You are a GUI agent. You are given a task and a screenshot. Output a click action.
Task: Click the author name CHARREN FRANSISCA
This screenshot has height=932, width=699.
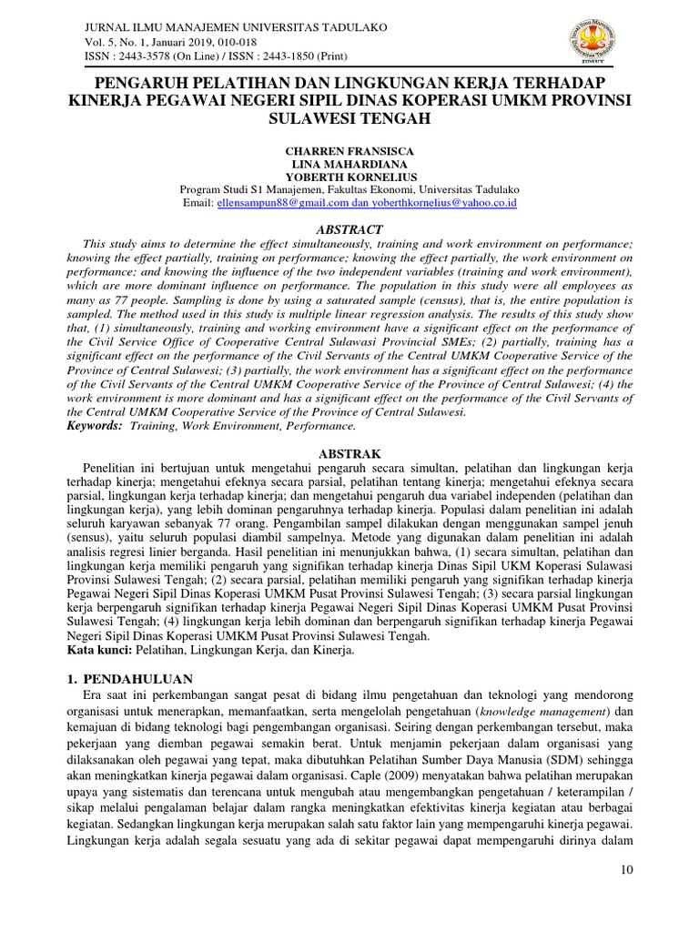[x=349, y=149]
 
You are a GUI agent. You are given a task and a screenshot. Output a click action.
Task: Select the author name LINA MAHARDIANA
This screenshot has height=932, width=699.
[x=349, y=163]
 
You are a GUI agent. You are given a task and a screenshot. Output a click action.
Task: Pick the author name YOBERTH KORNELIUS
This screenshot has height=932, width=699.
[x=349, y=177]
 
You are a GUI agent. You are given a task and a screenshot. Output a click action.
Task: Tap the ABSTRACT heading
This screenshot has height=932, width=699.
[x=349, y=229]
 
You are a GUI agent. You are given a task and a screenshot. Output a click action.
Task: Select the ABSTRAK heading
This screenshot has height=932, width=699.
[x=349, y=452]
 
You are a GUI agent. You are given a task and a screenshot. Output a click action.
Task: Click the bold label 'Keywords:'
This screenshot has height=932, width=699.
[x=95, y=425]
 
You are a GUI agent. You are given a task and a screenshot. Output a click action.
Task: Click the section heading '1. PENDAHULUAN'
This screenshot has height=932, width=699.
[x=133, y=679]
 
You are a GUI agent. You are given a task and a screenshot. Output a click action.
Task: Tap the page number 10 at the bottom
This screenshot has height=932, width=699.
[x=626, y=870]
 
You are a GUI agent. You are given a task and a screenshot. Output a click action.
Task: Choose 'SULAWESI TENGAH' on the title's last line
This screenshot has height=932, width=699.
[x=349, y=118]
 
